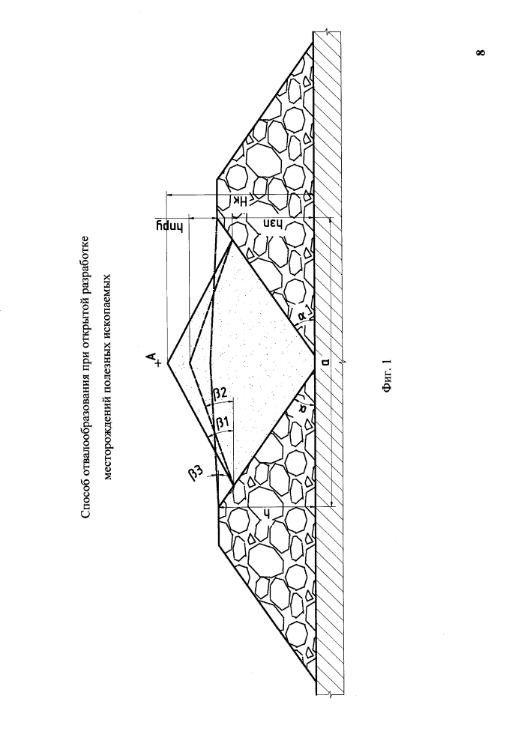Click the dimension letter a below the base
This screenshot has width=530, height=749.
(325, 362)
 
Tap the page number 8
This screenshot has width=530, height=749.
(481, 51)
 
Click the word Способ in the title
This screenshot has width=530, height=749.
(85, 502)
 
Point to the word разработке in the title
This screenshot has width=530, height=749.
(85, 261)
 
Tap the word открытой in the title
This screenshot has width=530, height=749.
(85, 312)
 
